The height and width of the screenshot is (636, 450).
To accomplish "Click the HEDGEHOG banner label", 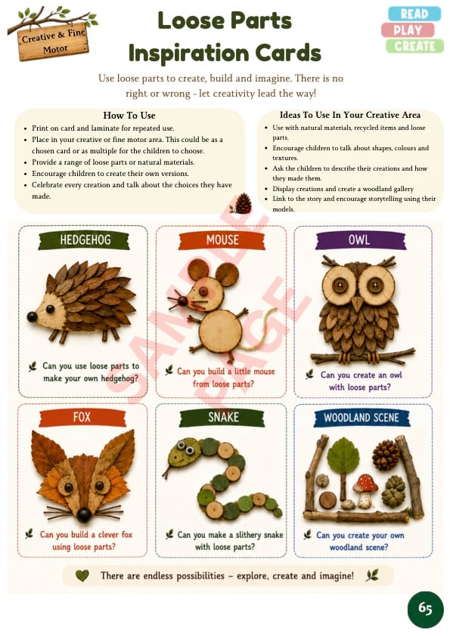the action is (85, 240).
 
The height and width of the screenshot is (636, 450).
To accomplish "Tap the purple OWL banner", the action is (359, 239).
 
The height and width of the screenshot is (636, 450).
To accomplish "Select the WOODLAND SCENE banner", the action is (361, 418).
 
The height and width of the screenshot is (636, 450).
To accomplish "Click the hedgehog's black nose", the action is (32, 316).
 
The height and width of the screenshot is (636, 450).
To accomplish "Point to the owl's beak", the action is (358, 304).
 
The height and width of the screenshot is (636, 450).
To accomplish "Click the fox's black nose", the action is (84, 514).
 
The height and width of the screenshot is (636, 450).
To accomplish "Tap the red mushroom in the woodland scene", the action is (366, 490).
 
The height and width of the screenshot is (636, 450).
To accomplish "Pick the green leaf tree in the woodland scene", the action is (343, 467).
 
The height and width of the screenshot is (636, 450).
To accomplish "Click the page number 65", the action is (425, 608).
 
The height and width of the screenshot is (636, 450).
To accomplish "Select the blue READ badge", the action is (414, 14).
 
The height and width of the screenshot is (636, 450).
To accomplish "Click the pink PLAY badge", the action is (408, 30).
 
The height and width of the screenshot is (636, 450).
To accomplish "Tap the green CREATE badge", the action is (414, 46).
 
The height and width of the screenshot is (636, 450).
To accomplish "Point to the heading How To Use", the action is (129, 116).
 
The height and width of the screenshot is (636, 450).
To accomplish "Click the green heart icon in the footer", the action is (82, 575).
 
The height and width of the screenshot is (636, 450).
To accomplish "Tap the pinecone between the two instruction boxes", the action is (243, 204).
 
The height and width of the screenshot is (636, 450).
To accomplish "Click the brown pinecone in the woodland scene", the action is (386, 455).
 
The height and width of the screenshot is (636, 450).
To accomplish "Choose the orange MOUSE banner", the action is (222, 240).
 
